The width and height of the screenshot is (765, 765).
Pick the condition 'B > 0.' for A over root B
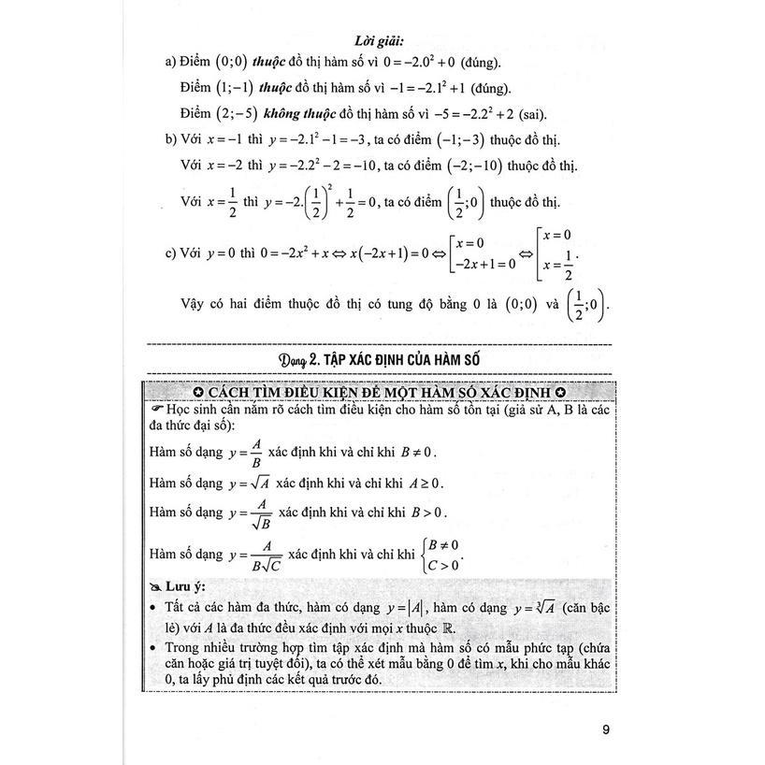427,512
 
